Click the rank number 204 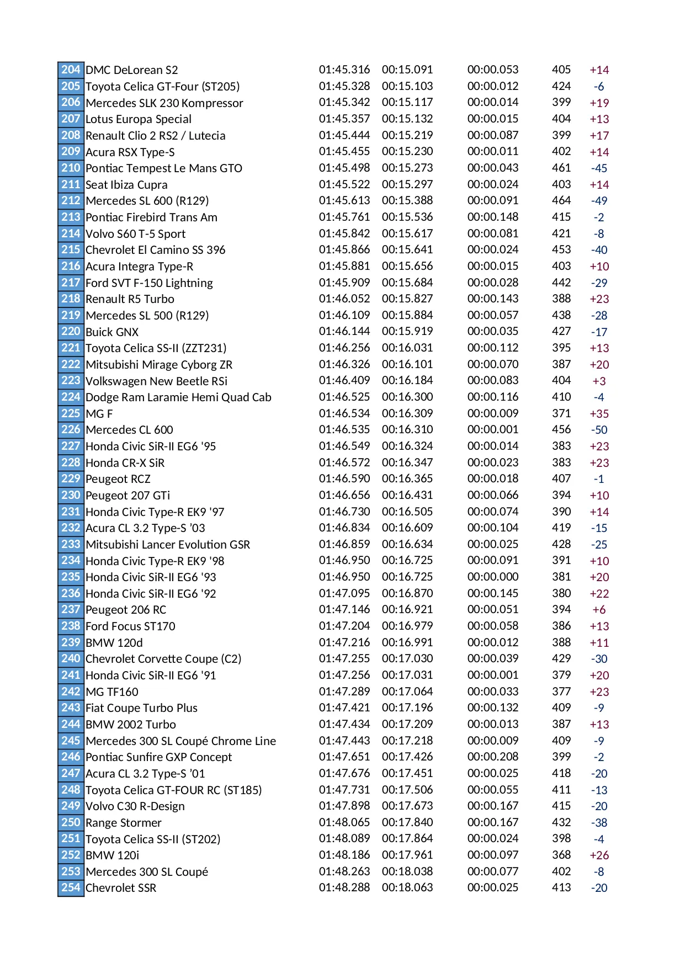point(71,70)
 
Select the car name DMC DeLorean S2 point(131,70)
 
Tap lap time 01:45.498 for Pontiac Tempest point(344,168)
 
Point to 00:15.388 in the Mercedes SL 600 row point(407,200)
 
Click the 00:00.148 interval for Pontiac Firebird point(492,217)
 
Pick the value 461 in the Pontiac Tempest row point(561,168)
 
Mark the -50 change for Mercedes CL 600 point(599,430)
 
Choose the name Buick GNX point(112,332)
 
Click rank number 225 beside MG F point(71,413)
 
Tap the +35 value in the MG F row point(599,413)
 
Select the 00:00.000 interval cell point(492,577)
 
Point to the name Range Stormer point(123,823)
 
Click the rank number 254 point(71,887)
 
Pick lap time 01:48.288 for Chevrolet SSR point(344,887)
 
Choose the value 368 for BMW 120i point(561,855)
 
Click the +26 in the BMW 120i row point(599,855)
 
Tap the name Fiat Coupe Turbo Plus point(141,708)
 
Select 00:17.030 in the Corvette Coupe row point(407,658)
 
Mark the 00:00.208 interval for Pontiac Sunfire point(492,757)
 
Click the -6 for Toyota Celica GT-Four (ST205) point(599,87)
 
